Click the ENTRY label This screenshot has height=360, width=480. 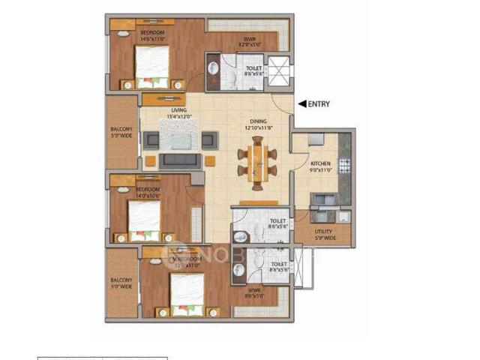(319, 104)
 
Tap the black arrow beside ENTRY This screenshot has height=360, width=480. (302, 104)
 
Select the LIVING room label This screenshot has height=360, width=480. (178, 110)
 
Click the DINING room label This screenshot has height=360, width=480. (259, 121)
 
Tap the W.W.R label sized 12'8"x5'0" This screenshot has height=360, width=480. (250, 40)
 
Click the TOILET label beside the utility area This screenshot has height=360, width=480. (277, 221)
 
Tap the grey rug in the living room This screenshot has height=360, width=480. (180, 139)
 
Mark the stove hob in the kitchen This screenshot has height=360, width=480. (345, 162)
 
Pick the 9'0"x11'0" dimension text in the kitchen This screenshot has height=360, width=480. (321, 170)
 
